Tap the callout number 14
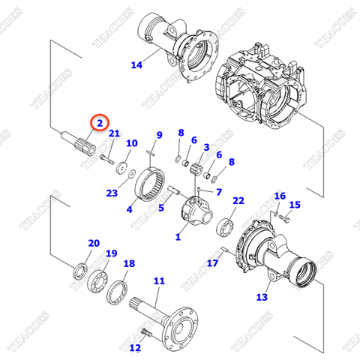[136, 65]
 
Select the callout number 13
[262, 297]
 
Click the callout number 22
[238, 201]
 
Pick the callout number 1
[178, 238]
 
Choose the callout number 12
[134, 347]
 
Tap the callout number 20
[94, 243]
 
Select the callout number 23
[112, 193]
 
